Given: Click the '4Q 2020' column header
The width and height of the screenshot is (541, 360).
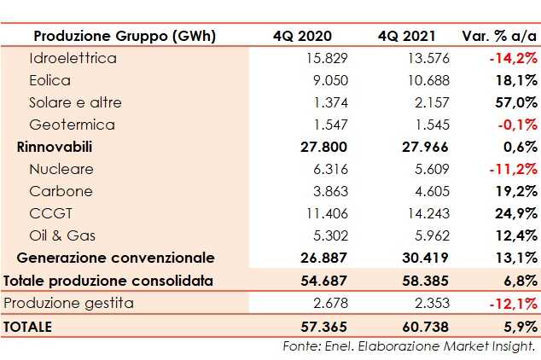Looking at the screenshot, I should [302, 36].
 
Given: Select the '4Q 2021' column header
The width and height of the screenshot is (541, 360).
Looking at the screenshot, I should [406, 36].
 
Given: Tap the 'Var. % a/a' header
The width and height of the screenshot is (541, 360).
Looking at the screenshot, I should [499, 36].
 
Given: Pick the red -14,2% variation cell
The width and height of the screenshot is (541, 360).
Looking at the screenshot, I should [514, 59].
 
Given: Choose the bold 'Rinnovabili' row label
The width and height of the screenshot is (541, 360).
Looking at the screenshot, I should [55, 148].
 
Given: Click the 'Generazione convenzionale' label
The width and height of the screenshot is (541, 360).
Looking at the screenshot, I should [115, 258].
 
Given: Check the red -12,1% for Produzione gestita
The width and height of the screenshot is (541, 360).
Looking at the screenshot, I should [514, 304].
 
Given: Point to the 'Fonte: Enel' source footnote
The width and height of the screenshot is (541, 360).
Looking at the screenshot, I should [409, 346].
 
